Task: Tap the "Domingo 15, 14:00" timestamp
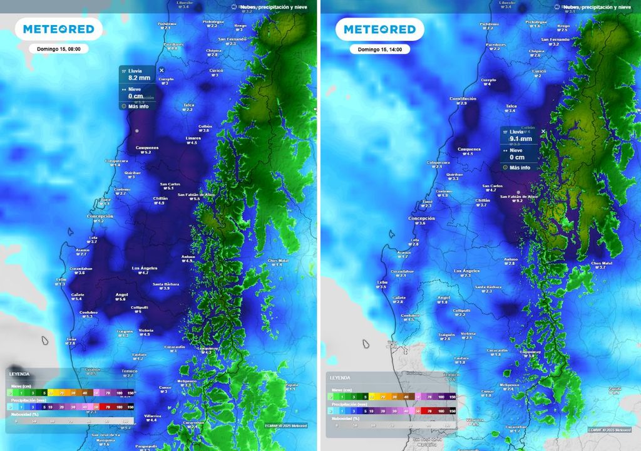379,49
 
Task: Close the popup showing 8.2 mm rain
162,71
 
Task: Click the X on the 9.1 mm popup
543,132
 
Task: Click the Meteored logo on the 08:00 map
59,29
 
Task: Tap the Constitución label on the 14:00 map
463,99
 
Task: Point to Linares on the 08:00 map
193,138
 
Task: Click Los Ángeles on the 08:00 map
144,268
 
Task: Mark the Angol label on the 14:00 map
444,298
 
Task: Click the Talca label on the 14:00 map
511,106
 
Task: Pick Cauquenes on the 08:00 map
147,148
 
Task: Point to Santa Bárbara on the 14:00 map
488,287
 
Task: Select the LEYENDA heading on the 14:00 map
340,378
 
